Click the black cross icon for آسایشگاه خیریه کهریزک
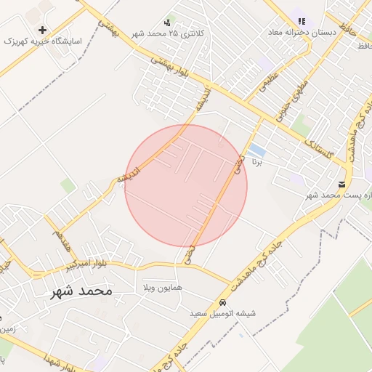click(42, 31)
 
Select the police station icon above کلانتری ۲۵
click(169, 23)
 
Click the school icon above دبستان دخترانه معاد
click(302, 22)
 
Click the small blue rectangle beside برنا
click(256, 152)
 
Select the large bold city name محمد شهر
click(81, 291)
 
